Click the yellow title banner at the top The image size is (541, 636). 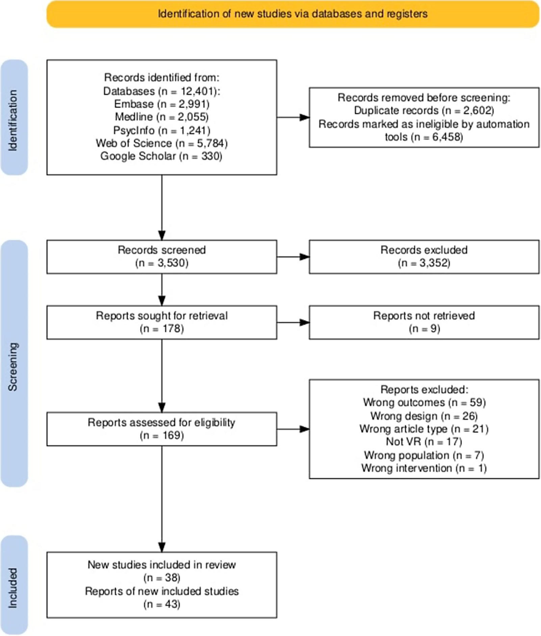293,14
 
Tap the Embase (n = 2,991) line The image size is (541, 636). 162,104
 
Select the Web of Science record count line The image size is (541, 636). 162,143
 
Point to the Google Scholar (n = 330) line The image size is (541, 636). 161,156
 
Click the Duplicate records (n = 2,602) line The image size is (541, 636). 424,110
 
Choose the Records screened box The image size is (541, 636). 162,257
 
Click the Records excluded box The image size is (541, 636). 424,257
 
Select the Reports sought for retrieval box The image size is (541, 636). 162,322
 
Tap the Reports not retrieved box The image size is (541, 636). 424,322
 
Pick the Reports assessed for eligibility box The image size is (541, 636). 162,429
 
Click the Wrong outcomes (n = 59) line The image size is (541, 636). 424,402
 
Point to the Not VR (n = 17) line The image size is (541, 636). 424,442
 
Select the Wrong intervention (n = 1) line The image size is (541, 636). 424,468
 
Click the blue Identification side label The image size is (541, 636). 14,117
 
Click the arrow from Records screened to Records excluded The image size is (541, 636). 293,257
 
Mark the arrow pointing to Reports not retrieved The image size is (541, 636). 293,322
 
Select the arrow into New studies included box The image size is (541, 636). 162,499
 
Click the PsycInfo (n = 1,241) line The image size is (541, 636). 162,130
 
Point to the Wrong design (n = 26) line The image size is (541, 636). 424,416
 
